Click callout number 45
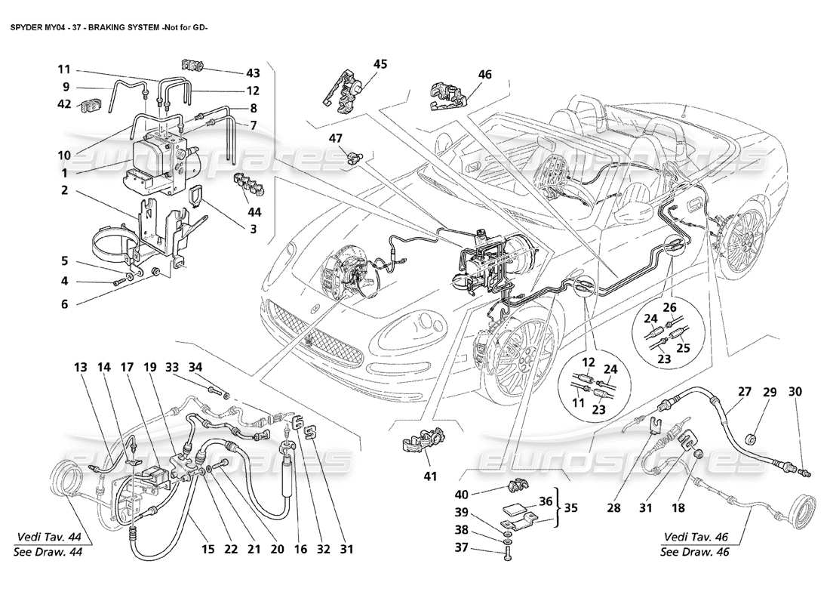[380, 64]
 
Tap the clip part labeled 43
[194, 67]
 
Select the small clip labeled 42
[92, 105]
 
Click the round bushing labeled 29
[752, 439]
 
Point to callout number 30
[795, 392]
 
